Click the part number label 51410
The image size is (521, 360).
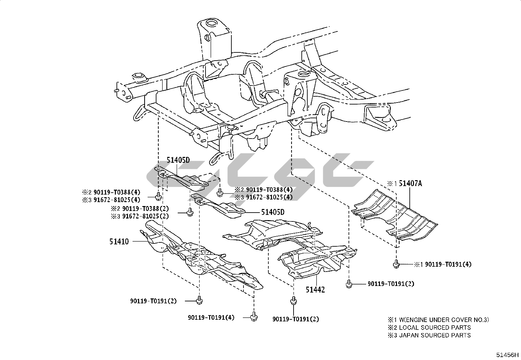click(119, 242)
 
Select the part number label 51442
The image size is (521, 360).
click(315, 290)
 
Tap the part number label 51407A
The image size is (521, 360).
click(410, 183)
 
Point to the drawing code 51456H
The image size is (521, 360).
click(507, 354)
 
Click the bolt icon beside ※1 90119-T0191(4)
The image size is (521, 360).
click(396, 264)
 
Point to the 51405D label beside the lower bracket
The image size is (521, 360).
click(273, 212)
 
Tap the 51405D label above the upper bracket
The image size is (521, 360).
click(178, 160)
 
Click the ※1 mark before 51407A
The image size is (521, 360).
click(392, 184)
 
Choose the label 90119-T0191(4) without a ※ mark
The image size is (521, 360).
click(211, 317)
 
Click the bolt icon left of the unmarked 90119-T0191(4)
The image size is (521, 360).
click(253, 317)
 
